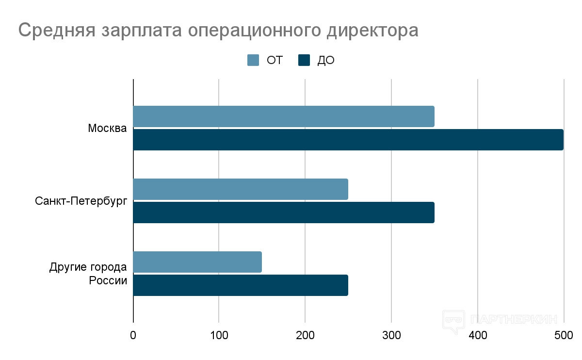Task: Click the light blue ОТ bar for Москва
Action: (284, 116)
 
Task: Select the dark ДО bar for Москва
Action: (348, 140)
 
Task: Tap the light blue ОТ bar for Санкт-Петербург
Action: (241, 189)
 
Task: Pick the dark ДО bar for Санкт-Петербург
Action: (284, 213)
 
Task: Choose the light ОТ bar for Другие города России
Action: (197, 262)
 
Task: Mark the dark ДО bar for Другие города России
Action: (241, 285)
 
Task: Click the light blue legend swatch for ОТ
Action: (254, 60)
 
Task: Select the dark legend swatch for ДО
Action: (304, 60)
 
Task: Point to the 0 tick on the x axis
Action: (133, 335)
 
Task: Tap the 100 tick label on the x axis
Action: (219, 335)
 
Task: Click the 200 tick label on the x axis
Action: (305, 335)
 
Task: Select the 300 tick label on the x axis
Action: (391, 335)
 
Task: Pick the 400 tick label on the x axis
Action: (478, 335)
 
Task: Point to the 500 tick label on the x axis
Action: (564, 335)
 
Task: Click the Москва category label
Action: (107, 129)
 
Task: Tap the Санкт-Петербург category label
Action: (81, 201)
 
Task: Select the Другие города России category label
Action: (88, 274)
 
